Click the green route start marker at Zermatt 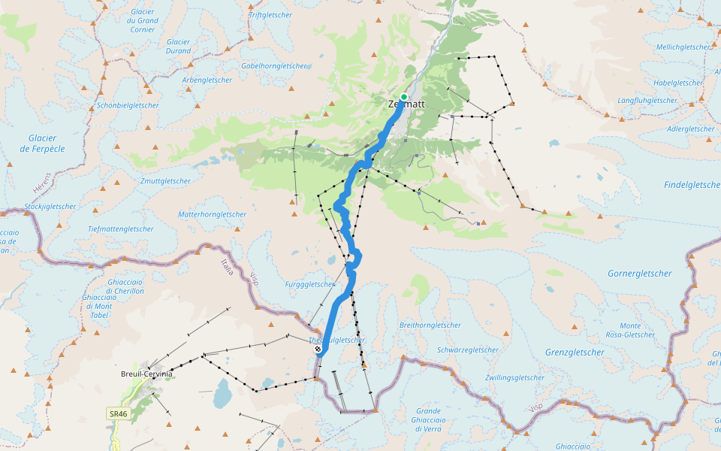click(x=404, y=97)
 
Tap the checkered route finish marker click(x=318, y=348)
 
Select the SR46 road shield click(x=118, y=414)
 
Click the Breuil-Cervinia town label click(x=146, y=374)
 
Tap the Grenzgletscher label click(x=575, y=352)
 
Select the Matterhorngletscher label click(x=212, y=214)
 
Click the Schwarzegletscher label click(x=468, y=350)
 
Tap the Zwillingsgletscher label click(x=514, y=377)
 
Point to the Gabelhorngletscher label click(x=273, y=66)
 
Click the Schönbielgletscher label click(x=128, y=105)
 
